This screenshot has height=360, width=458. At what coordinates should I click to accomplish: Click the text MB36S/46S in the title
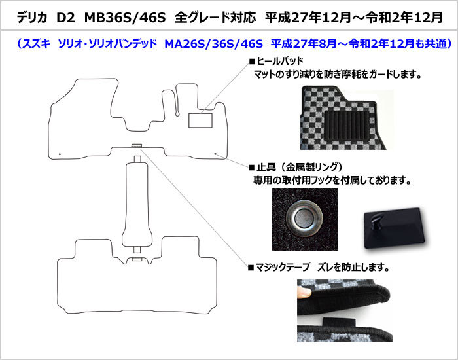[125, 18]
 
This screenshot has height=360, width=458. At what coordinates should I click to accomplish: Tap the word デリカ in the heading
[32, 18]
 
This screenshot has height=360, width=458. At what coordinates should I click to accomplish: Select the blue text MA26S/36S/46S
[214, 44]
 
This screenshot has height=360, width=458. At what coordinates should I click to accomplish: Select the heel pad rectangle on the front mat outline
[200, 120]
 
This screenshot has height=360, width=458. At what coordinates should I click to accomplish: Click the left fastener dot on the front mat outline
[60, 154]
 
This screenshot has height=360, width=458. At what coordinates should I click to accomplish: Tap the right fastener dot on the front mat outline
[215, 154]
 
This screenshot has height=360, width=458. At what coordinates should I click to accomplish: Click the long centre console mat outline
[137, 204]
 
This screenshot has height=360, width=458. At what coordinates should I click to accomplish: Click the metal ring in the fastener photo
[304, 218]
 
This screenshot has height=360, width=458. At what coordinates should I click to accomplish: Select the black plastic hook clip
[393, 228]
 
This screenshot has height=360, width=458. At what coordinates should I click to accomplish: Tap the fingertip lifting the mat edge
[304, 292]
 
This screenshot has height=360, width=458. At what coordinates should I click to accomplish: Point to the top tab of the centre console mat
[137, 159]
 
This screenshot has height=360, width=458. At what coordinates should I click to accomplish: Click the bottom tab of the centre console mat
[137, 250]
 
